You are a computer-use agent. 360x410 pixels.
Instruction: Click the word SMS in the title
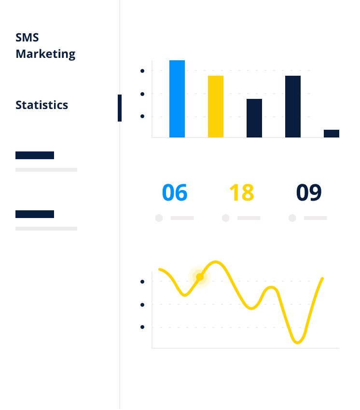pyautogui.click(x=27, y=38)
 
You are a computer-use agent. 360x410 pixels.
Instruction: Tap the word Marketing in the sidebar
pyautogui.click(x=45, y=54)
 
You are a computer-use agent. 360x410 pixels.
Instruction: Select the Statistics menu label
pyautogui.click(x=42, y=105)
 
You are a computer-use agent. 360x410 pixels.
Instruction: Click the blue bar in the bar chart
pyautogui.click(x=177, y=99)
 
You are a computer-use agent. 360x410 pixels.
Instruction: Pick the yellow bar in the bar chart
pyautogui.click(x=216, y=107)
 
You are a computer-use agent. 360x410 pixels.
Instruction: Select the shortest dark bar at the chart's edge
pyautogui.click(x=332, y=133)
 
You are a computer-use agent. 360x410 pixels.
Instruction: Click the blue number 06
pyautogui.click(x=175, y=193)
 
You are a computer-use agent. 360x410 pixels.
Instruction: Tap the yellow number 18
pyautogui.click(x=241, y=193)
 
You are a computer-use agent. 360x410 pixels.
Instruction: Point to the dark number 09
pyautogui.click(x=309, y=193)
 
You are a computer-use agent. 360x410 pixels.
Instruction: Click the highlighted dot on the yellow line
pyautogui.click(x=200, y=277)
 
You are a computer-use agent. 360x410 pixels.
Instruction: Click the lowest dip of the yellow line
pyautogui.click(x=297, y=342)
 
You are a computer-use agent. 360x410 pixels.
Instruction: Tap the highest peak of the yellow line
pyautogui.click(x=215, y=262)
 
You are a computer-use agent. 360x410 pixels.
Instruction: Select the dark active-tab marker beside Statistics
pyautogui.click(x=120, y=108)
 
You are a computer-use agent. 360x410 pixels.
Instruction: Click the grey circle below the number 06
pyautogui.click(x=159, y=218)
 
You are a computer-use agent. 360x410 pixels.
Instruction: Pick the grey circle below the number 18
pyautogui.click(x=225, y=218)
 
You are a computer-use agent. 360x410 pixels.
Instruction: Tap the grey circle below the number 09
pyautogui.click(x=292, y=218)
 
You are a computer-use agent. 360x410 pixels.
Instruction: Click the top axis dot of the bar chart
pyautogui.click(x=142, y=71)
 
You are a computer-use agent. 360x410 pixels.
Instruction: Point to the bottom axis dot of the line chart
pyautogui.click(x=142, y=327)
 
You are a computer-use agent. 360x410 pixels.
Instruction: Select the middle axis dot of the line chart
pyautogui.click(x=142, y=305)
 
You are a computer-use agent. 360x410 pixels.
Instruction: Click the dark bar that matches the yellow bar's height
pyautogui.click(x=293, y=107)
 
